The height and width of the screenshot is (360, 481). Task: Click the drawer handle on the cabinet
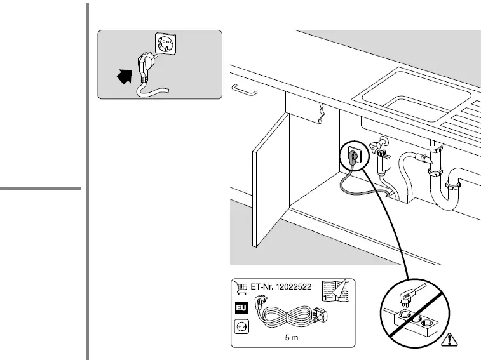pyautogui.click(x=244, y=90)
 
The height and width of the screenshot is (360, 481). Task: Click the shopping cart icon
pyautogui.click(x=240, y=287)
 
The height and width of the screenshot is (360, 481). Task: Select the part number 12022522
pyautogui.click(x=291, y=287)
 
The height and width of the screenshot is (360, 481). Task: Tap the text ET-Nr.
pyautogui.click(x=259, y=287)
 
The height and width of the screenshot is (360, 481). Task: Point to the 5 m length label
pyautogui.click(x=292, y=338)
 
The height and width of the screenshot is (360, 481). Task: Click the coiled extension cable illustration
pyautogui.click(x=289, y=315)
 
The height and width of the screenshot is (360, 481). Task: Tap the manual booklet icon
pyautogui.click(x=336, y=290)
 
